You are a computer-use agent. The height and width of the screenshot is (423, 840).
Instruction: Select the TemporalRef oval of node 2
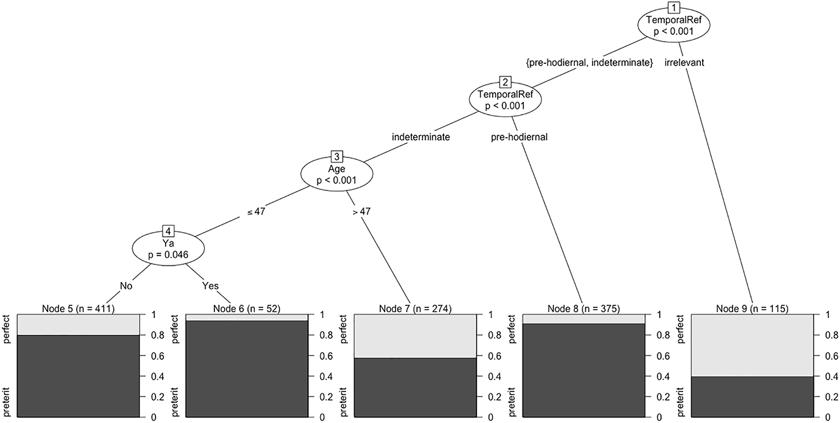(x=505, y=101)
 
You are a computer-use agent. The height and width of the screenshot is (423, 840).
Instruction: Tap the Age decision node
(x=336, y=174)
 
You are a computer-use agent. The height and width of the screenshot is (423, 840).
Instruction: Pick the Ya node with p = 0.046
(x=168, y=247)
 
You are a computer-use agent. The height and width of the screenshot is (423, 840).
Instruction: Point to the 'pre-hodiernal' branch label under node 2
(x=519, y=136)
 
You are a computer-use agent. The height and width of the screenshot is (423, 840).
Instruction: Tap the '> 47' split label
(x=361, y=211)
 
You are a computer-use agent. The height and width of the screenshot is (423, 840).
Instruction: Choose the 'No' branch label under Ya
(x=126, y=286)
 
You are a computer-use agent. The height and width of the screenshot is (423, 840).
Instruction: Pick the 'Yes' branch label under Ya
(x=210, y=286)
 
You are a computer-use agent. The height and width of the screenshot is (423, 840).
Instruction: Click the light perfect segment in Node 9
(x=751, y=345)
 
